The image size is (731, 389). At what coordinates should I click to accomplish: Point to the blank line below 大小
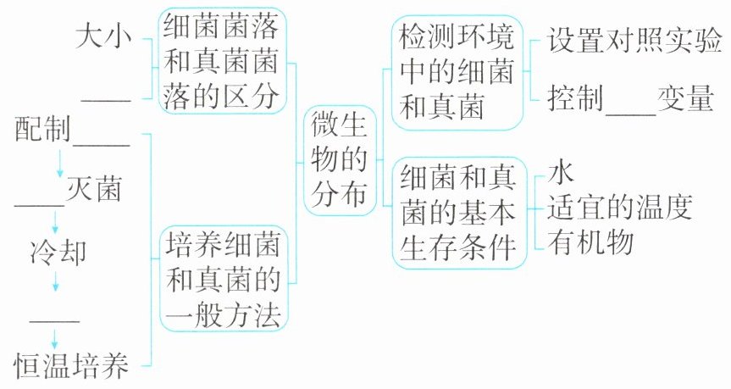tap(106, 101)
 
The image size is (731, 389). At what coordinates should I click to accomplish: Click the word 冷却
tap(56, 252)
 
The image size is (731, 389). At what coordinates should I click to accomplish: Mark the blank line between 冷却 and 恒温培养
tap(55, 320)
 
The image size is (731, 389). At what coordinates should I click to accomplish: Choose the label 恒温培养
tap(72, 366)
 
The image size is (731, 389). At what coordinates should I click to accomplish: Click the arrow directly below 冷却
tap(56, 281)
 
